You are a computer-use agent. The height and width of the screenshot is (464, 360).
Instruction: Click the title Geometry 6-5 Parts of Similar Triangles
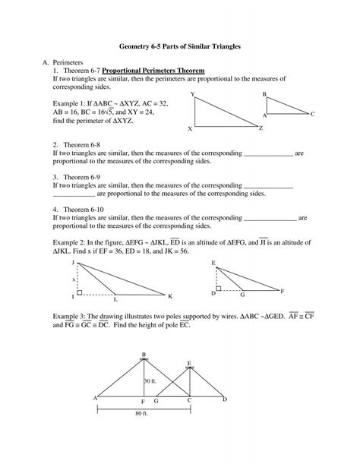[x=179, y=46]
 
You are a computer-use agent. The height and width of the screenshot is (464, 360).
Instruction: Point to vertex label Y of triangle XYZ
[x=192, y=93]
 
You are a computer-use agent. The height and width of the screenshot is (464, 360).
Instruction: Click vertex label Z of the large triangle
[x=261, y=128]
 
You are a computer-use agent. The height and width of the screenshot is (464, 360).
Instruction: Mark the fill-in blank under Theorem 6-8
[x=269, y=153]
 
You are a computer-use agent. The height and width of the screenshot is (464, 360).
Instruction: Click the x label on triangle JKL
[x=74, y=279]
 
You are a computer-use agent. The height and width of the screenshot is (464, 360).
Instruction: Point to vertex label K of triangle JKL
[x=170, y=295]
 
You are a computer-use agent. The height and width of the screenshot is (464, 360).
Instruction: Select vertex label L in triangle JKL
[x=115, y=298]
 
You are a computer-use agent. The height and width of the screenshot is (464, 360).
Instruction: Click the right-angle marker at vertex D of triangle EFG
[x=219, y=289]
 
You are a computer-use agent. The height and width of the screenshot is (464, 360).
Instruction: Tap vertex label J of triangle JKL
[x=73, y=262]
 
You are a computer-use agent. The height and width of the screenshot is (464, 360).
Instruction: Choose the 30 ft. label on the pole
[x=150, y=381]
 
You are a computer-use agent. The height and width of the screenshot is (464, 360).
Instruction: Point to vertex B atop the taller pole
[x=143, y=354]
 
